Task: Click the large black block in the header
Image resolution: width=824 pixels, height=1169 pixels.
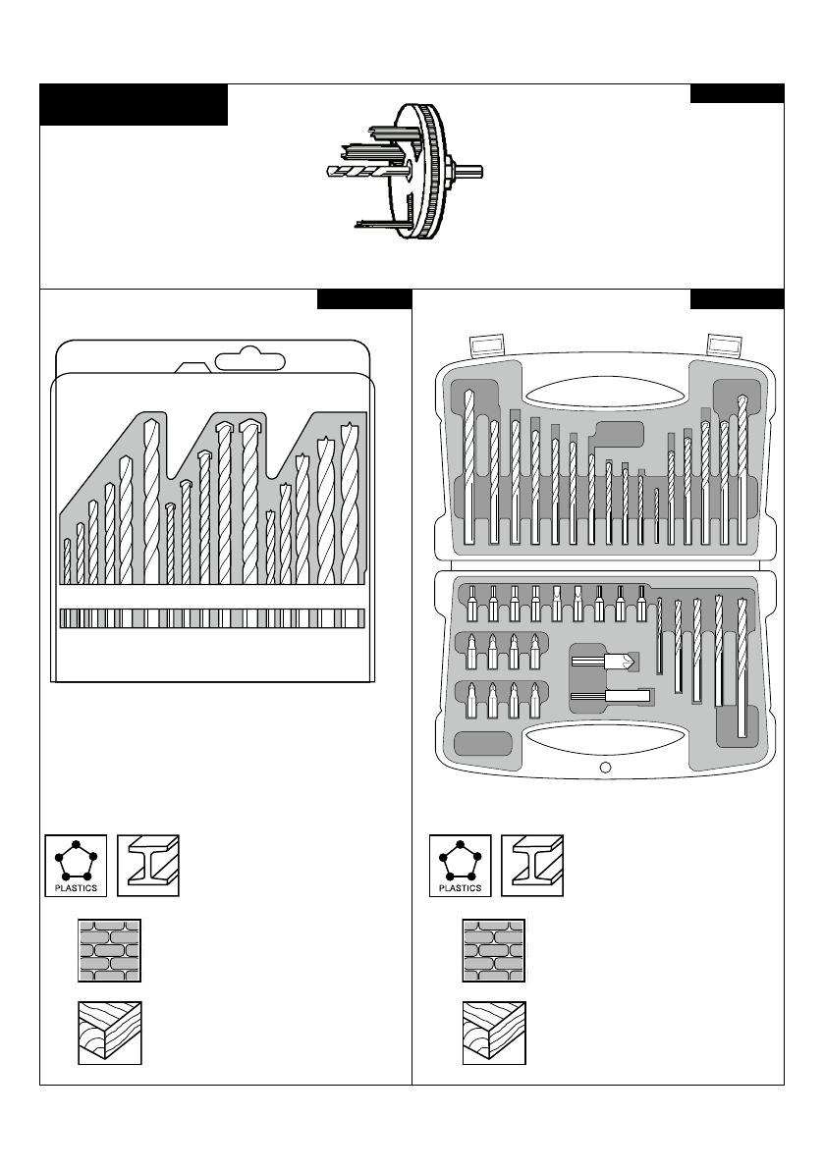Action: (134, 105)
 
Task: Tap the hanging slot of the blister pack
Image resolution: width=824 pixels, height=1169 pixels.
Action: (250, 360)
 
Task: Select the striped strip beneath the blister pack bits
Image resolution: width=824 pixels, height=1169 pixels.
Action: (211, 618)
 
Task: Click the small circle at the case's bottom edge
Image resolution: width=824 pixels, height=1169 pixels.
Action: (605, 768)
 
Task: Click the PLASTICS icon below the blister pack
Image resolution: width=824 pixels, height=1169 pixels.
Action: (75, 865)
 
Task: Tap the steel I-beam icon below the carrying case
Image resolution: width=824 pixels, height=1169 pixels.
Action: (532, 865)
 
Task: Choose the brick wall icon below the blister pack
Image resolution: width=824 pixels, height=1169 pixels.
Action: (110, 950)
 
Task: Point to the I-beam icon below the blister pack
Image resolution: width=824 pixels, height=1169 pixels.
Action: (148, 865)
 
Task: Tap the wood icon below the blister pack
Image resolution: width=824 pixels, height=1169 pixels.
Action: (110, 1033)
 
